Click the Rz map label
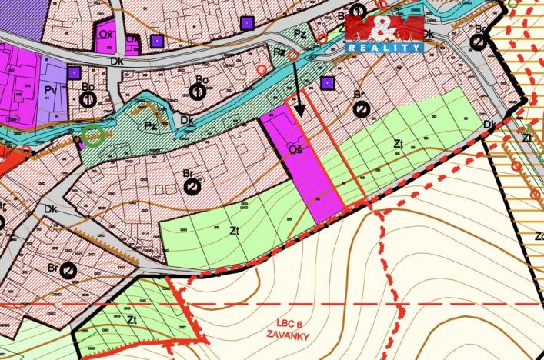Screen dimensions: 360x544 [281, 52]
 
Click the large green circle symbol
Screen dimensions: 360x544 [93, 137]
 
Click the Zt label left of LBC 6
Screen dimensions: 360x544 [132, 318]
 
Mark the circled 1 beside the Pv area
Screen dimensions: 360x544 [88, 99]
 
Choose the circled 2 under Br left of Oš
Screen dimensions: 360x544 [193, 186]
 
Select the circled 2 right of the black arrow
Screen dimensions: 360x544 [361, 110]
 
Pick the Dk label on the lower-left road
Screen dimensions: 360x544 [52, 208]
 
